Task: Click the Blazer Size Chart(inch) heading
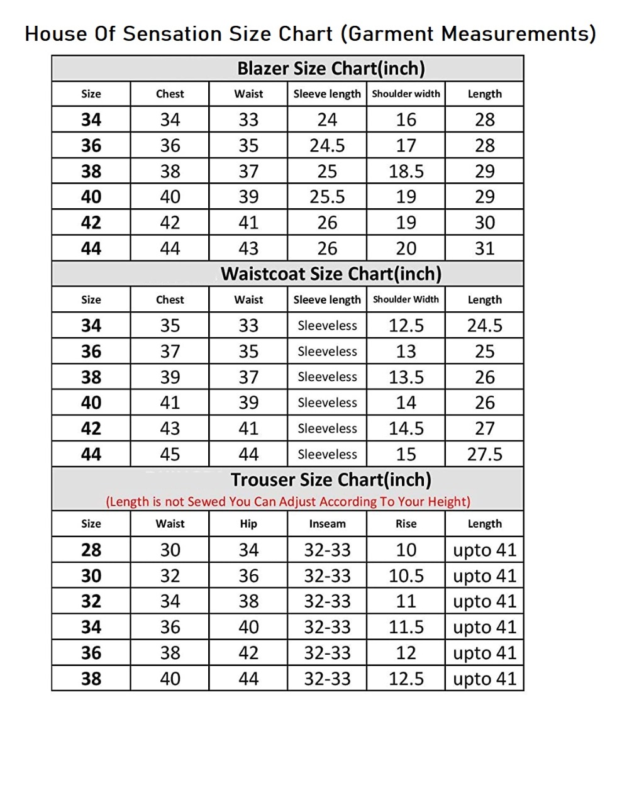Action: point(331,69)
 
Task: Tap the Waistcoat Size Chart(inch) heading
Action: point(331,274)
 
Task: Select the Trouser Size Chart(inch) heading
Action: point(331,480)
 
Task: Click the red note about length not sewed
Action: point(288,502)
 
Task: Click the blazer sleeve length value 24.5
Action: point(327,145)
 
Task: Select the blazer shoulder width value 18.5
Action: point(406,171)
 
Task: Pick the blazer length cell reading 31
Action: point(484,248)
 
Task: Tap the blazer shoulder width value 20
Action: point(406,248)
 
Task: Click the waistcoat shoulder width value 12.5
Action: point(406,326)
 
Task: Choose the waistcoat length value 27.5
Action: point(484,454)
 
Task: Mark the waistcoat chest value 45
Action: point(170,454)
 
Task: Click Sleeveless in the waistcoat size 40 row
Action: point(327,402)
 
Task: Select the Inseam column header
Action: point(327,524)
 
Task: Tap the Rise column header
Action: point(406,524)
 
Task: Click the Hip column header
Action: point(248,524)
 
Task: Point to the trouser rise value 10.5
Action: point(406,575)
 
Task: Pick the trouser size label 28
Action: point(91,550)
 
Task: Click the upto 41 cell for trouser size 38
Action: point(484,679)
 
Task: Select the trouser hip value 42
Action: point(248,653)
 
